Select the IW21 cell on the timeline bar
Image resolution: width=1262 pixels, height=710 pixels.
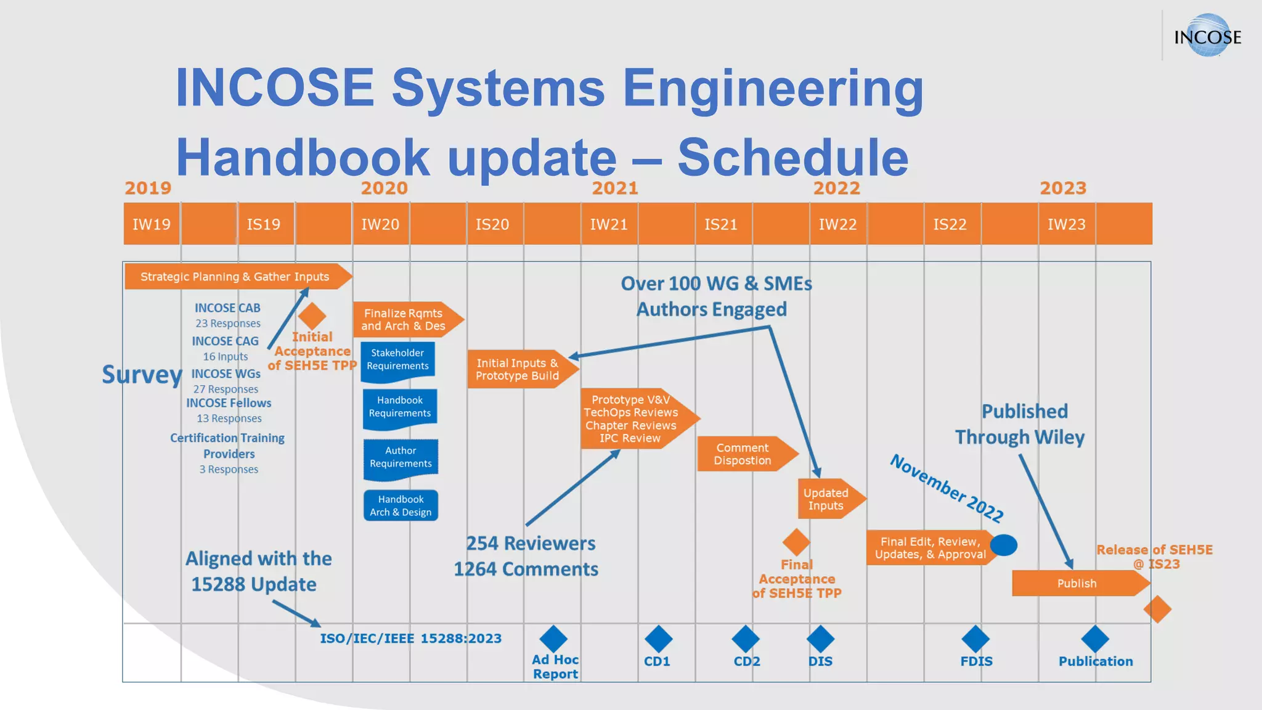pyautogui.click(x=609, y=224)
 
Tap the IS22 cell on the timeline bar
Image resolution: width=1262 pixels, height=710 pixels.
pyautogui.click(x=950, y=224)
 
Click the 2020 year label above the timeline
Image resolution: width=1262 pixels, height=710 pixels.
pyautogui.click(x=384, y=188)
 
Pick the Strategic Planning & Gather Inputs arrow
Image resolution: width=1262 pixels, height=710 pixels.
pyautogui.click(x=236, y=277)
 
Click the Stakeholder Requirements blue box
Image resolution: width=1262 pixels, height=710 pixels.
pyautogui.click(x=397, y=359)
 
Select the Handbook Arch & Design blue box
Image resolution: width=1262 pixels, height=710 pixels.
pyautogui.click(x=401, y=505)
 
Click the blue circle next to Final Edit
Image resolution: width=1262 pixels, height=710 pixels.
pyautogui.click(x=1004, y=545)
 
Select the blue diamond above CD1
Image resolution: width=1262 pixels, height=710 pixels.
pyautogui.click(x=658, y=639)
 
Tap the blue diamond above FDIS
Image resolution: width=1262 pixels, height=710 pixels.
pyautogui.click(x=975, y=639)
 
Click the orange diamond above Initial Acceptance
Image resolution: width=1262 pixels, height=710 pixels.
pyautogui.click(x=312, y=316)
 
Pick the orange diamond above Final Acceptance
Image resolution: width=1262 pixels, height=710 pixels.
pyautogui.click(x=796, y=542)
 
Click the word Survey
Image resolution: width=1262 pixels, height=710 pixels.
pyautogui.click(x=142, y=375)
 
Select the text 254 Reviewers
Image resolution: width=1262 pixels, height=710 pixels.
pyautogui.click(x=531, y=544)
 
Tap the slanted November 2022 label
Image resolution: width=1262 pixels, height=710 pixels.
pyautogui.click(x=946, y=488)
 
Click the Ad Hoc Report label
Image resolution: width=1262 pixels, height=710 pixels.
pyautogui.click(x=555, y=667)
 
